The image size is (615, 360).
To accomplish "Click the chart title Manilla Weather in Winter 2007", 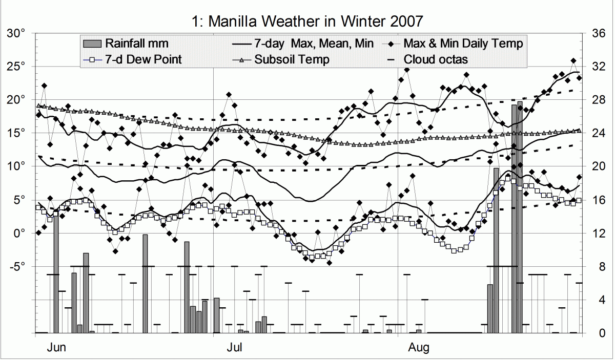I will point(307,21).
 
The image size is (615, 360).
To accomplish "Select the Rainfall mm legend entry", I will point(136,44).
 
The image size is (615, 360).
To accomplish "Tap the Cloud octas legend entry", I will point(435,59).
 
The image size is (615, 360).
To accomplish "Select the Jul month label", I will point(235,348).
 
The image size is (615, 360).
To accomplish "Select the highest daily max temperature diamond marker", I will point(573,61).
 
